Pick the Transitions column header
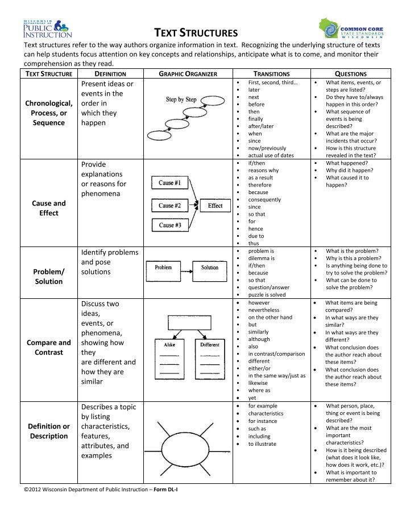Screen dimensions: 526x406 coord(271,74)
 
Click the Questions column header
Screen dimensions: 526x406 coord(351,74)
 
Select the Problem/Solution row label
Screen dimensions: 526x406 coord(49,277)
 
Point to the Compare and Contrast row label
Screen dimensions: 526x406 coord(49,348)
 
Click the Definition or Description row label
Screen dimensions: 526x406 coord(49,432)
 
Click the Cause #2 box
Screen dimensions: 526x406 coord(170,206)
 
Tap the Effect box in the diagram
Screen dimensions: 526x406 coord(215,206)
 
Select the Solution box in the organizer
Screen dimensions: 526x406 coord(209,268)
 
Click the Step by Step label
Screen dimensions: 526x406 coord(181,100)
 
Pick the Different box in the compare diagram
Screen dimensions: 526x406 coord(210,345)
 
